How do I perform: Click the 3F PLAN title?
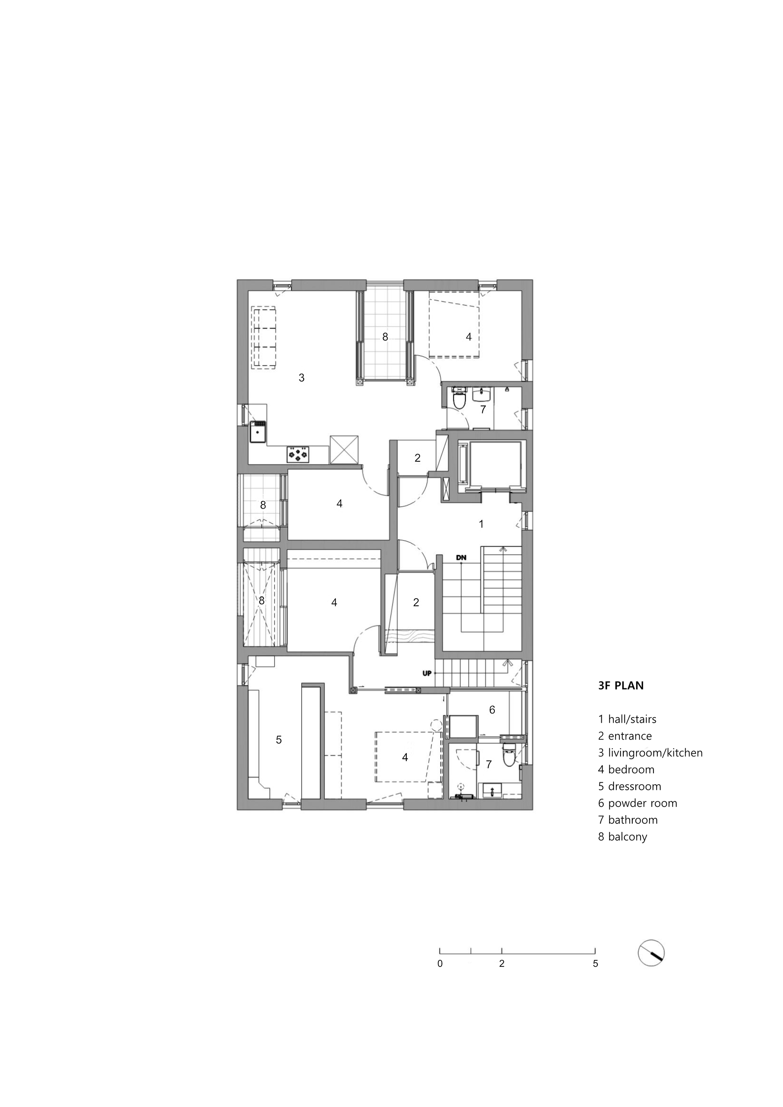click(621, 685)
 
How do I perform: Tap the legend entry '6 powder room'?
click(637, 803)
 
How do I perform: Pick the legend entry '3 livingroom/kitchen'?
click(650, 752)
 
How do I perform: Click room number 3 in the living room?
click(301, 378)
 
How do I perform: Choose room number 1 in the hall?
click(481, 524)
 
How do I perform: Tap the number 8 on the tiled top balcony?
click(385, 337)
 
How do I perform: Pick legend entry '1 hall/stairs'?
click(627, 719)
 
